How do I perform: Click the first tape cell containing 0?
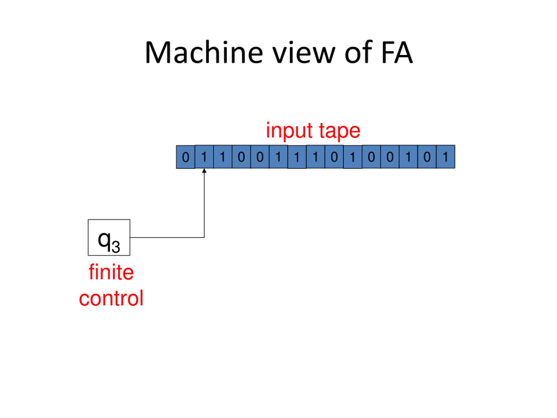click(x=186, y=157)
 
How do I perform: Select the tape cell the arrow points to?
click(x=204, y=157)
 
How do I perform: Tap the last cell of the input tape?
click(x=446, y=157)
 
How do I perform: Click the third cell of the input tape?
click(x=223, y=157)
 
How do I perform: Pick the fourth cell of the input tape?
click(x=241, y=157)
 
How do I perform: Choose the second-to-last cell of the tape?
click(x=427, y=157)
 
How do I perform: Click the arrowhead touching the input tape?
click(x=204, y=171)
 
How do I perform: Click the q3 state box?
click(x=109, y=237)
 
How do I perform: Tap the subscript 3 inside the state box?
click(x=116, y=247)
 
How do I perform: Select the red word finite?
click(x=111, y=272)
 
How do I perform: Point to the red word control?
click(x=111, y=298)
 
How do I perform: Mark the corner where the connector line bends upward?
click(x=204, y=237)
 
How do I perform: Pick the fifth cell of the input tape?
click(x=260, y=157)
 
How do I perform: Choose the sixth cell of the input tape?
click(x=278, y=157)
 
